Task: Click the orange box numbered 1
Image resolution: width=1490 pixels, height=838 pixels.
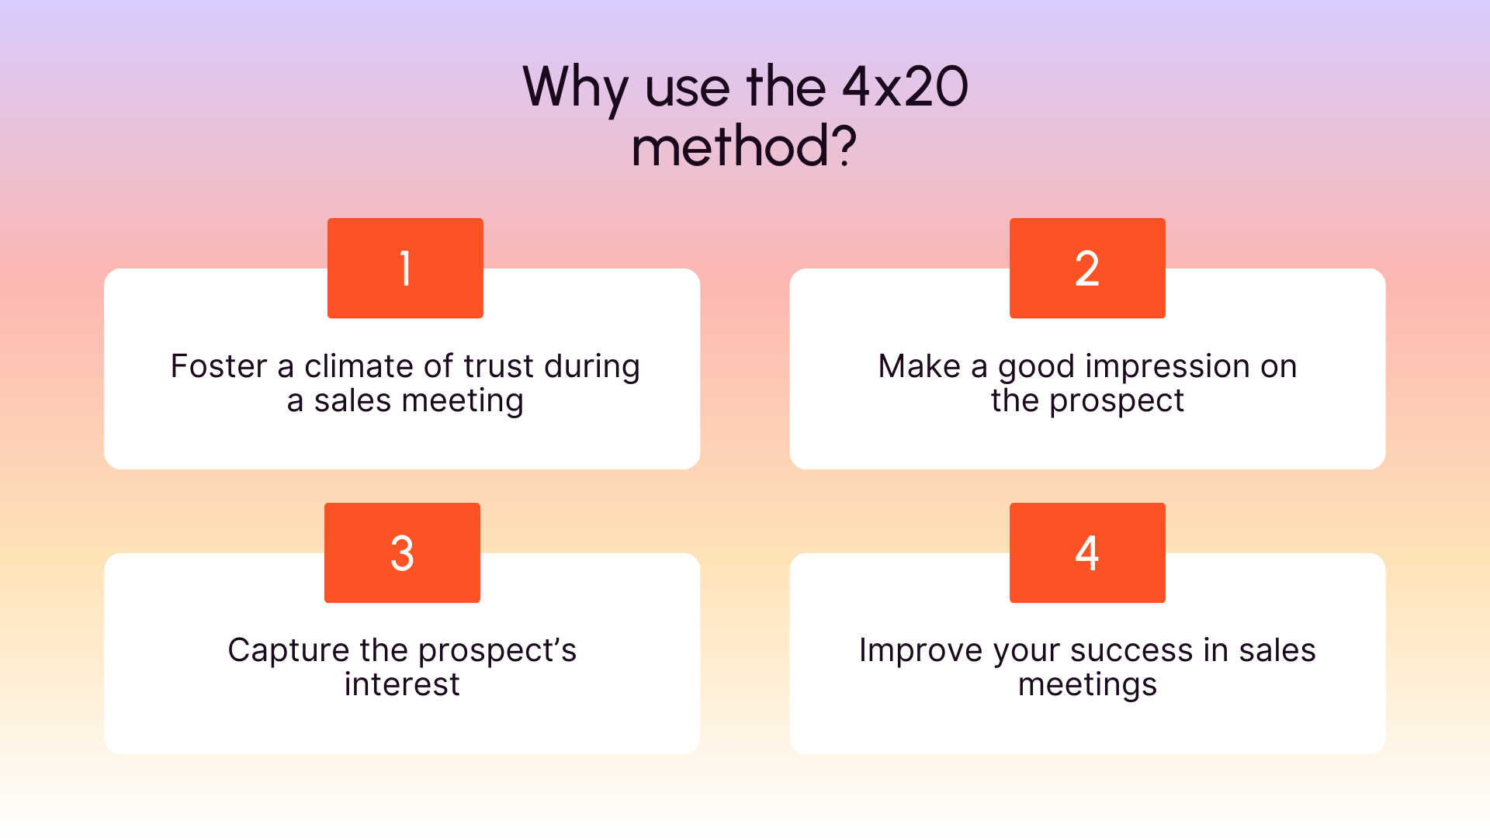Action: click(x=405, y=268)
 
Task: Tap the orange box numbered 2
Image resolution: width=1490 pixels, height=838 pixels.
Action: click(x=1087, y=268)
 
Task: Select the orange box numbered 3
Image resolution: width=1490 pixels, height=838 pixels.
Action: click(x=402, y=552)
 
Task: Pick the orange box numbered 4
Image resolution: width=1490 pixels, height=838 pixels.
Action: click(x=1087, y=552)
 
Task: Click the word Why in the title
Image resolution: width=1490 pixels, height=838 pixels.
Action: click(x=575, y=87)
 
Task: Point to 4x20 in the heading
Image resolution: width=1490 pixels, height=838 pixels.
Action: click(x=905, y=87)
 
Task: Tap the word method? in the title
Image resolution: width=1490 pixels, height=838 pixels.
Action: click(x=743, y=147)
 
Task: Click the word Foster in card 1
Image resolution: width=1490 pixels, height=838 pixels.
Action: click(x=218, y=366)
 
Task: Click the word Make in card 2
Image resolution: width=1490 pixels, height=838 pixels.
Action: click(x=919, y=366)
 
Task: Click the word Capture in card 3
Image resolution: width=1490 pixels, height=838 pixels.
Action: click(x=288, y=650)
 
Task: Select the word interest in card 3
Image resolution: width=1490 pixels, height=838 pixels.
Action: click(x=402, y=684)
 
